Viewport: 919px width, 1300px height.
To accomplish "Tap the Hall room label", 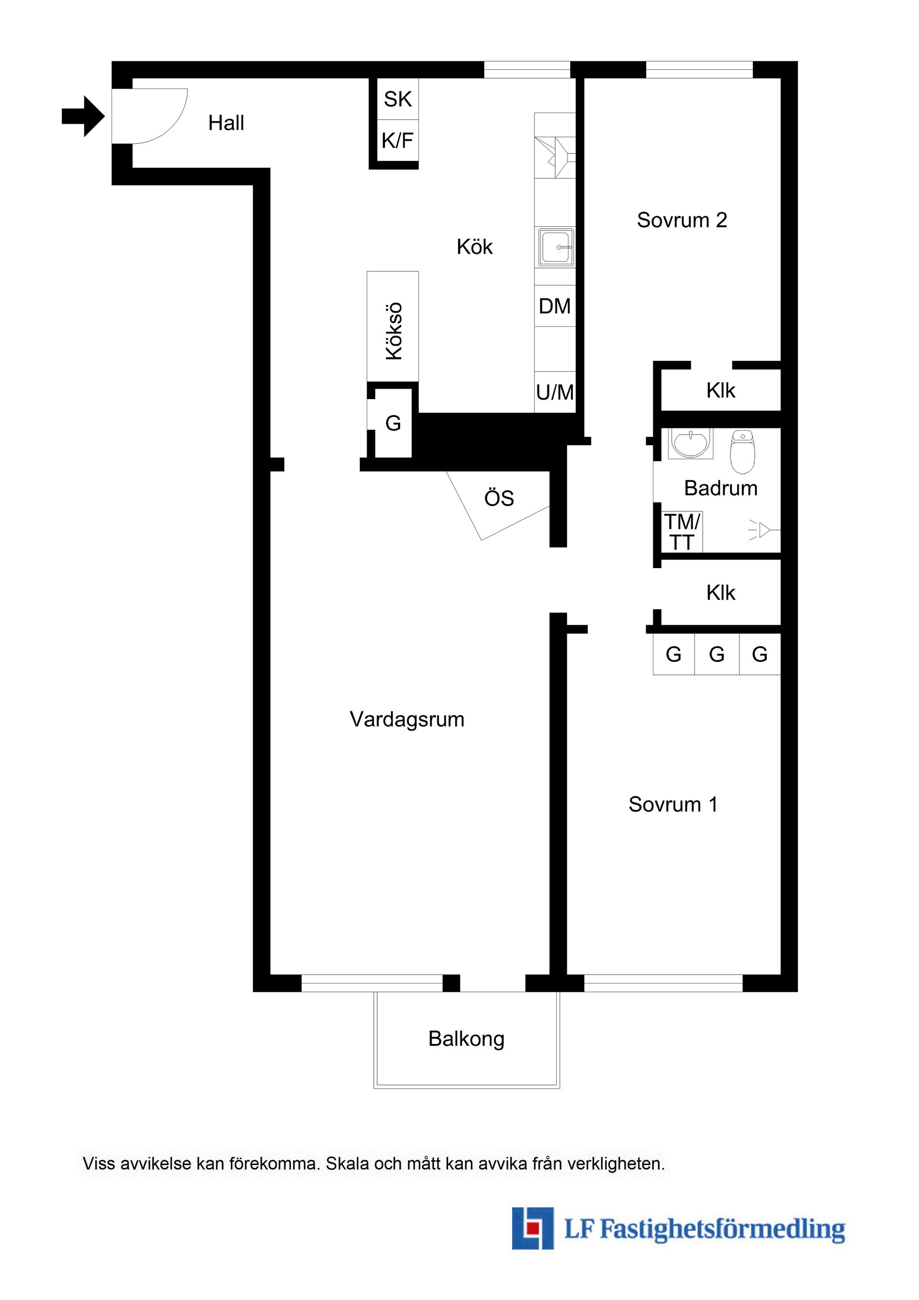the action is [226, 123].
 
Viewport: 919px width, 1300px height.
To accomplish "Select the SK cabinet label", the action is [397, 99].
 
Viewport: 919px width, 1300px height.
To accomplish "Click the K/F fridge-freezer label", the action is [397, 140].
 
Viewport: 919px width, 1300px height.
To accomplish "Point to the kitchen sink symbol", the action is [556, 247].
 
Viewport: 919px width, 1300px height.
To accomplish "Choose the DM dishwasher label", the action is [555, 306].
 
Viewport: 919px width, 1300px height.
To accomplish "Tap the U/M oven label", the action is [555, 392].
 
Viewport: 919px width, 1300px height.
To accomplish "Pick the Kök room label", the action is [474, 247].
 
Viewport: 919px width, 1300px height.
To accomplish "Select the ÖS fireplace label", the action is [499, 498].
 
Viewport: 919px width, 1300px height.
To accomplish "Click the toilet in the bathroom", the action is [742, 451].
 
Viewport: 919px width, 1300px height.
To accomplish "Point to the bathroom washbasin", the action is [690, 443].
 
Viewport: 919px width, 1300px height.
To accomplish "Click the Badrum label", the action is [721, 488].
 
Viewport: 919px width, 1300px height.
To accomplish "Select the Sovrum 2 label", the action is [682, 220].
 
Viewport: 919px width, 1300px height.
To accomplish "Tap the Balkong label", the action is [467, 1039].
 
